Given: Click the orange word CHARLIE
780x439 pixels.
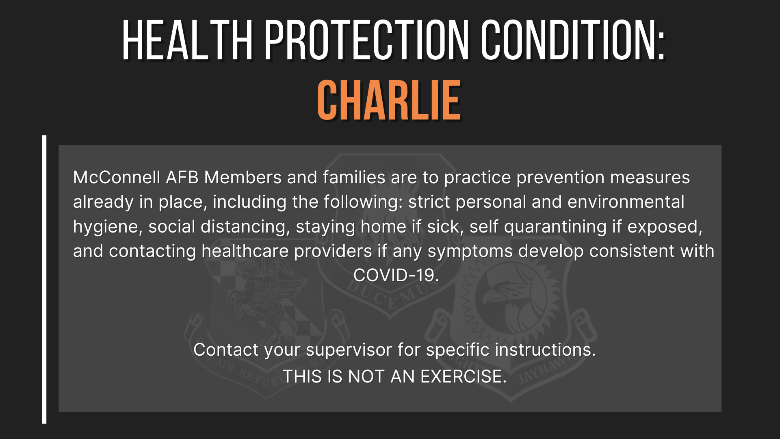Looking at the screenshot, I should coord(389,100).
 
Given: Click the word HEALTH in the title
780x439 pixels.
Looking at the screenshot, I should coord(187,41).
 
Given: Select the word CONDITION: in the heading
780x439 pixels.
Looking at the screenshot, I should coord(573,41).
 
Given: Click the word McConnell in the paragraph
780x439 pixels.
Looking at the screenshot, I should coord(117,178).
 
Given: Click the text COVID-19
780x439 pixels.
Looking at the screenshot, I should coord(396,276).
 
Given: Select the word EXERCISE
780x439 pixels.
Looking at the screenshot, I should coord(463,376).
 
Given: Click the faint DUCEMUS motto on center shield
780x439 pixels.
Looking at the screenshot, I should coord(390,295).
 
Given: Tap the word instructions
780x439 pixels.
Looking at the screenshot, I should coord(545,350).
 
